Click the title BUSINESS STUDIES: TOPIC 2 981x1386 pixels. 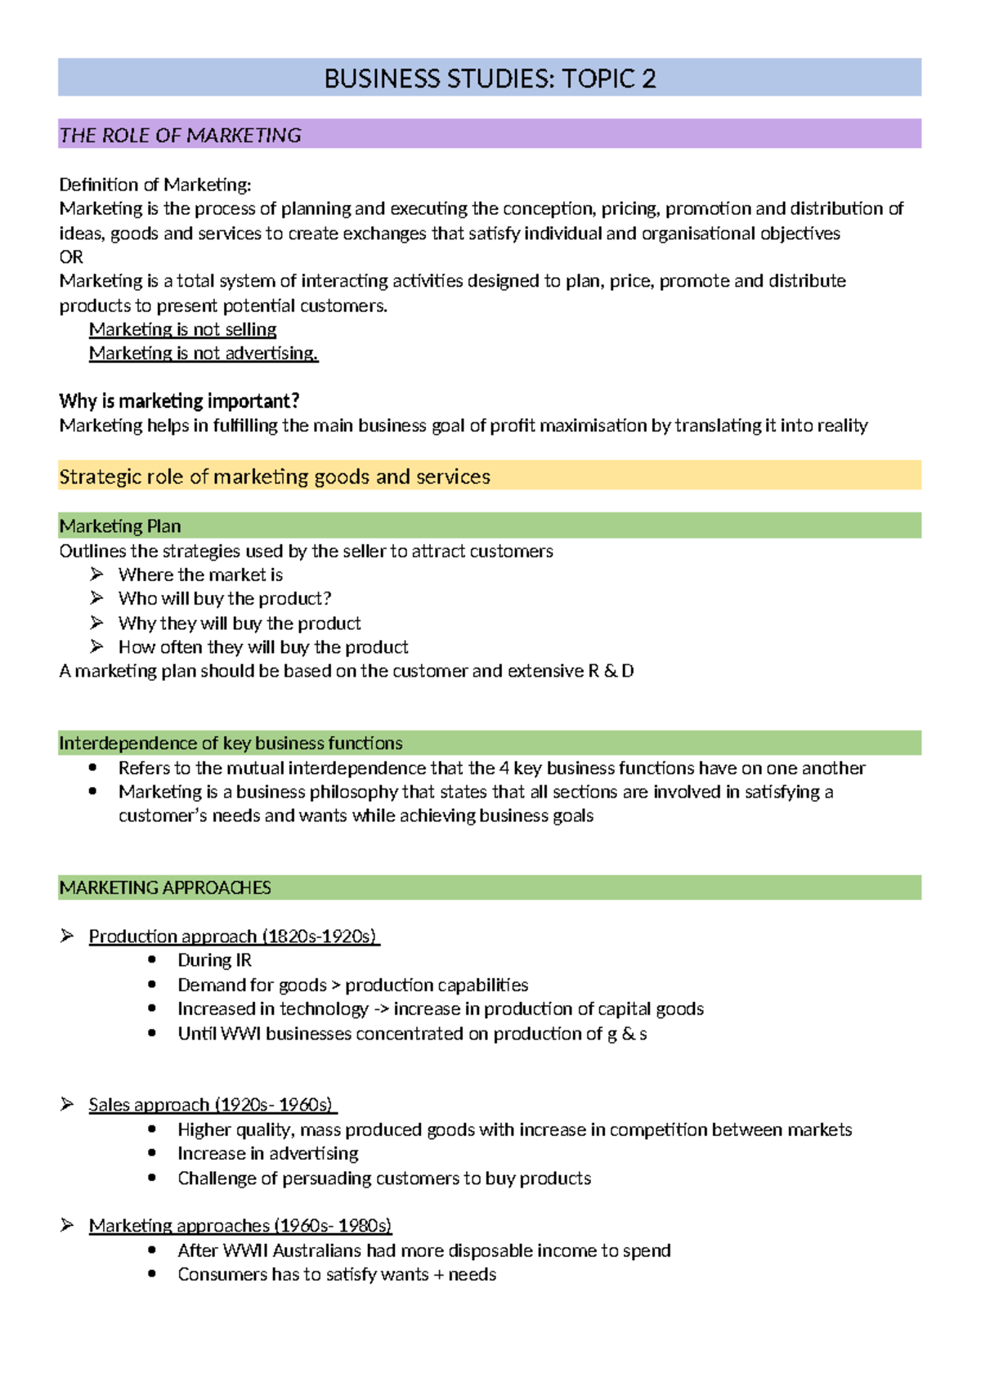pos(490,78)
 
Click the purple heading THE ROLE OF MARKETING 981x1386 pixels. pos(181,135)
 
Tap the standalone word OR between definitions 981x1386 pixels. pos(71,257)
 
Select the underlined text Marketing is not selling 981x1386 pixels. pos(182,329)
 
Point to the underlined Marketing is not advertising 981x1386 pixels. pos(204,353)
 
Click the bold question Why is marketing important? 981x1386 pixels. pos(179,401)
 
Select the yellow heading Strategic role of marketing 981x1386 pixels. pos(275,476)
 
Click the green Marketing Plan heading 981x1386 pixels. pos(120,526)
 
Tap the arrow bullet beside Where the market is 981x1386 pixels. pos(96,575)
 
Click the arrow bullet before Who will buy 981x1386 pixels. pos(96,598)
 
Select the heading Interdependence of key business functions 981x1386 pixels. pos(231,743)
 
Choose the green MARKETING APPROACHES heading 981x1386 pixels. pos(165,887)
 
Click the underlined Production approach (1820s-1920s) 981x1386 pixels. pos(233,937)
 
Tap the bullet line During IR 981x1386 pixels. pos(214,960)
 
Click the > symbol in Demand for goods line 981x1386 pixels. pos(335,986)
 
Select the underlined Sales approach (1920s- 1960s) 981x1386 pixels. pos(212,1105)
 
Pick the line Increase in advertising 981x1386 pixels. pos(268,1154)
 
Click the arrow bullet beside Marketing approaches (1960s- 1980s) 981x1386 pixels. pos(67,1225)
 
